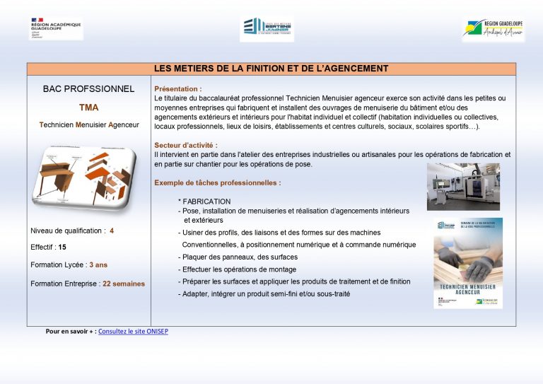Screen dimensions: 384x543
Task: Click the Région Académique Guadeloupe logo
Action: (x=55, y=28)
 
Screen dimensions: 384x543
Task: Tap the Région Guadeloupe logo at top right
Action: (x=493, y=29)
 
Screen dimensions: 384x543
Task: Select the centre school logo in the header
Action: (x=267, y=28)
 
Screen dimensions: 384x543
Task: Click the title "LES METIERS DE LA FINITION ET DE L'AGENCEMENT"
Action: (x=271, y=69)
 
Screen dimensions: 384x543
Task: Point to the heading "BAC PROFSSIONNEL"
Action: (x=88, y=89)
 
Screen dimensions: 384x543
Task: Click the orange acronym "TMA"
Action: (x=89, y=107)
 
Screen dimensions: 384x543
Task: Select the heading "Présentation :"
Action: (x=177, y=89)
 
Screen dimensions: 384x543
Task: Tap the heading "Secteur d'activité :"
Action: (x=181, y=145)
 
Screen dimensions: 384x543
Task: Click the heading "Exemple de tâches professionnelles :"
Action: (x=217, y=182)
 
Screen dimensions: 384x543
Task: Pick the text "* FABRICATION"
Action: (x=204, y=202)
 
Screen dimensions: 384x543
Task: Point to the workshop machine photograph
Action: (x=463, y=187)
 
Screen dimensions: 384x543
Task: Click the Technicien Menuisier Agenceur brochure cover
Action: (x=467, y=263)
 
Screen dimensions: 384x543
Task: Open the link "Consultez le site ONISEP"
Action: (x=133, y=331)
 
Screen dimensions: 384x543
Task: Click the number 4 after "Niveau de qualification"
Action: (x=112, y=231)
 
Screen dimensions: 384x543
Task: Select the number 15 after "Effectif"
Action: (x=62, y=248)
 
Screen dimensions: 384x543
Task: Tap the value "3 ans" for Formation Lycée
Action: (x=98, y=264)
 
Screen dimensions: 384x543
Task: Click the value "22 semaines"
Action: (x=124, y=284)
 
